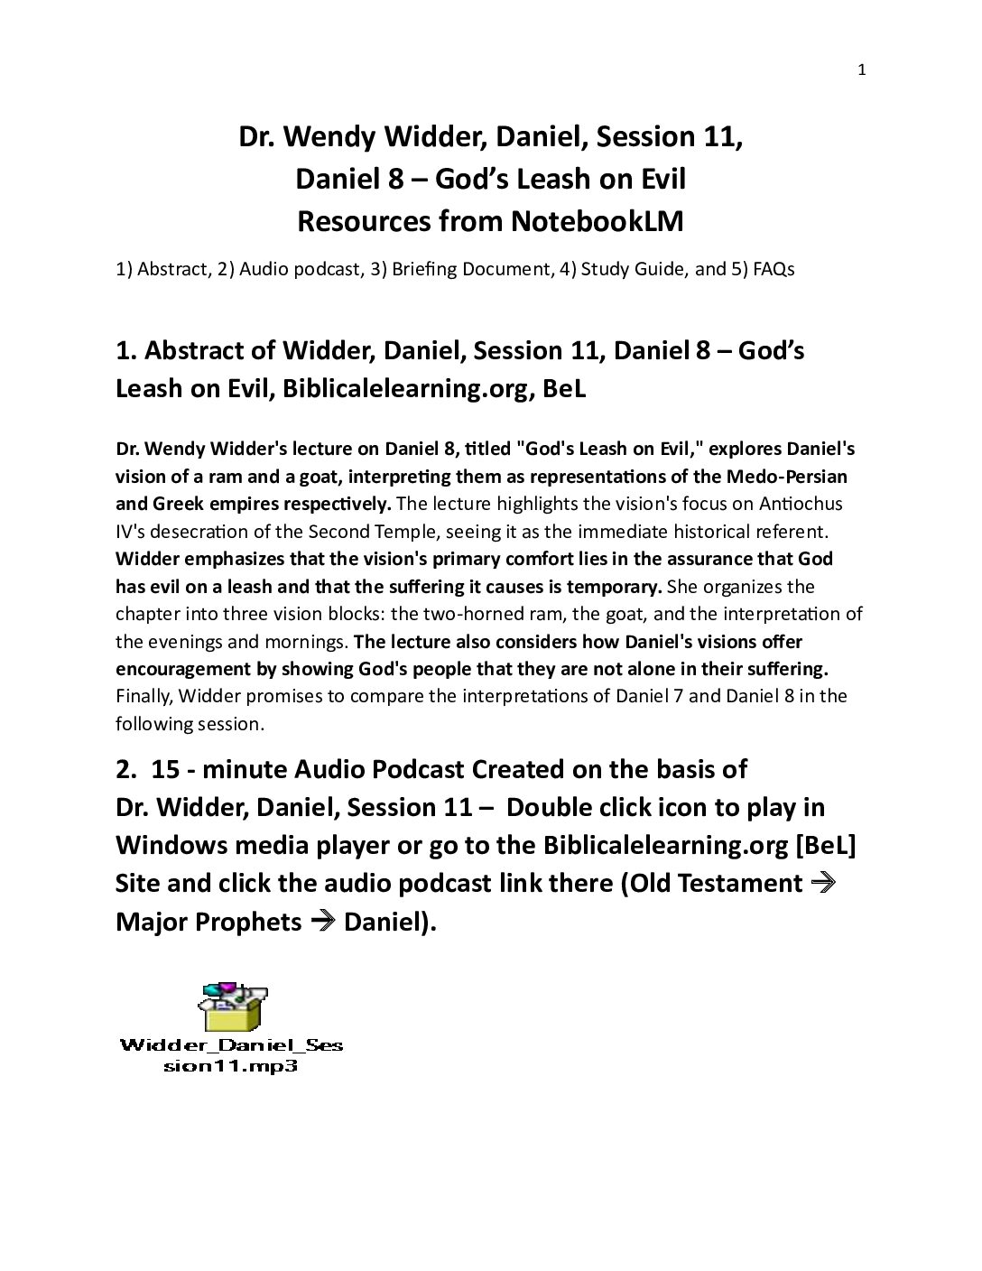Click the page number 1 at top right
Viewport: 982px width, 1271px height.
pyautogui.click(x=861, y=70)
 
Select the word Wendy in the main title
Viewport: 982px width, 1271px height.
pyautogui.click(x=337, y=136)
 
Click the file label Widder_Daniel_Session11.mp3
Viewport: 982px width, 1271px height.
pyautogui.click(x=231, y=1055)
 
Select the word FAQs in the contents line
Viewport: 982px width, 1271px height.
pyautogui.click(x=772, y=269)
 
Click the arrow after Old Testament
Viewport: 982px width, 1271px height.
pyautogui.click(x=823, y=882)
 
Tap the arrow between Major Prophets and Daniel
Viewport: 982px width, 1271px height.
pyautogui.click(x=322, y=921)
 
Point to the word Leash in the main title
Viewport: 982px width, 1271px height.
pyautogui.click(x=568, y=179)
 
